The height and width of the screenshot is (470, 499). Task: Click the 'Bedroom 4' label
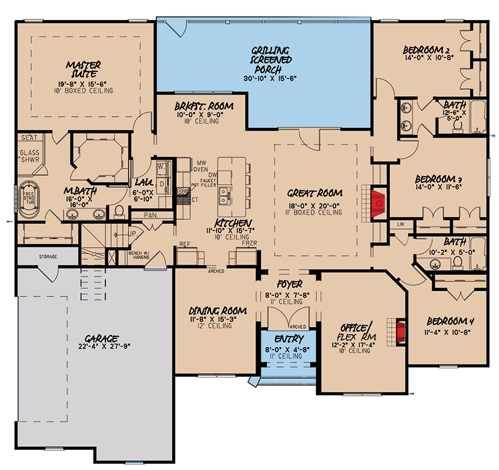pos(447,321)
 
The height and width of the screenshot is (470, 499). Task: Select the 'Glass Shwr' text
pos(30,155)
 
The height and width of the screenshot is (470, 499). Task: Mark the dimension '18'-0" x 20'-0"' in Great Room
pos(316,203)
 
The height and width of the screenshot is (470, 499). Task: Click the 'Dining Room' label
pos(217,310)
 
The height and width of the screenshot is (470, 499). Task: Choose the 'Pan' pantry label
pos(150,214)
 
